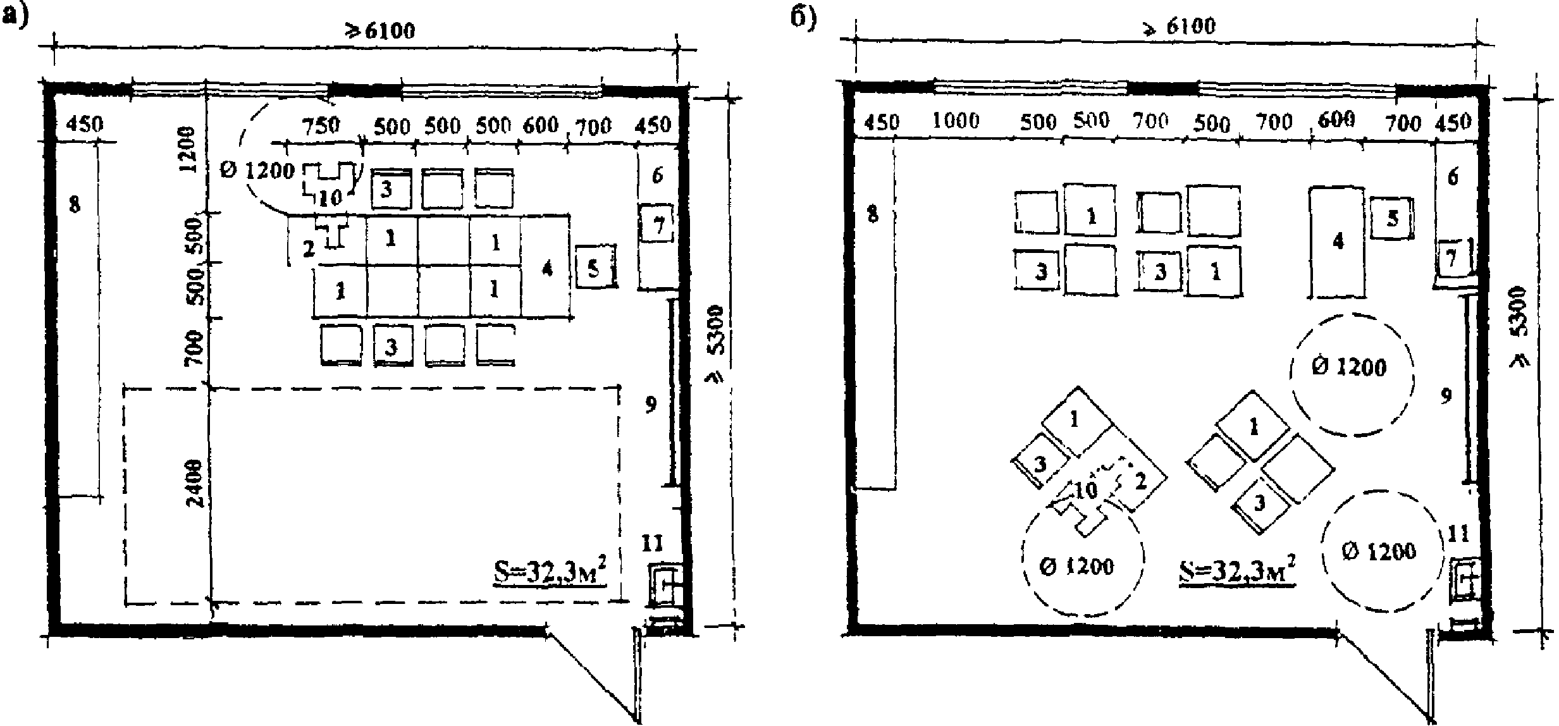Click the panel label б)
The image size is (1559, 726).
coord(804,19)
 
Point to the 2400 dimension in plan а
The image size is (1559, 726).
coord(195,484)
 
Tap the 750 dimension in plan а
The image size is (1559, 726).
coord(321,125)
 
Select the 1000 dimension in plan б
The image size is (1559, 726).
coord(956,120)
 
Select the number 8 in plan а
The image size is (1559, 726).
coord(75,204)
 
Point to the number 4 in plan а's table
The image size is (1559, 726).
coord(547,268)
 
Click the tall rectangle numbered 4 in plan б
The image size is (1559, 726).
coord(1337,242)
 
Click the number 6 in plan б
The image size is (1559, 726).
coord(1453,177)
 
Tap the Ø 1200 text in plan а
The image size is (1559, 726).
coord(258,170)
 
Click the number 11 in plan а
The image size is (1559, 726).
coord(652,542)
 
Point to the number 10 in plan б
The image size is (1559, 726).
coord(1086,490)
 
